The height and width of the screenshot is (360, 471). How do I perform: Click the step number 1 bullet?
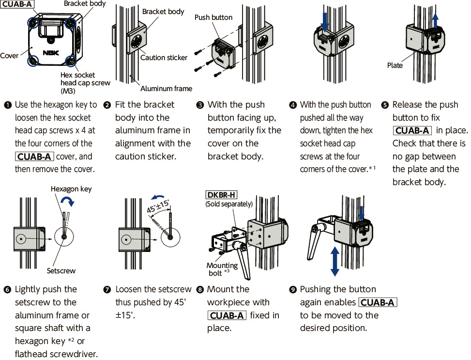[8, 105]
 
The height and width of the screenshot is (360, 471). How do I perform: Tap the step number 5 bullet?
[385, 105]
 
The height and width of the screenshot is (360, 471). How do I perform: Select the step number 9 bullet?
[292, 289]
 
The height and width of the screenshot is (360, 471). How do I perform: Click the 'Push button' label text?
[213, 17]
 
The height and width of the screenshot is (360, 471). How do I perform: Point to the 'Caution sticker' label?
[164, 58]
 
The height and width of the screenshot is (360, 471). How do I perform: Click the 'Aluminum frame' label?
[166, 89]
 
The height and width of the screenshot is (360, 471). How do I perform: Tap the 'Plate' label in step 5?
[395, 65]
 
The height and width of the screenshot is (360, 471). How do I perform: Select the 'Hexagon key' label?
[71, 189]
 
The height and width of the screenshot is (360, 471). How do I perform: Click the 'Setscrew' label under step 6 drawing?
[61, 271]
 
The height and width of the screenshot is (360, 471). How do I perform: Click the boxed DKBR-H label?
[221, 195]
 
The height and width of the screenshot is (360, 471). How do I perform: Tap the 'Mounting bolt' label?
[222, 269]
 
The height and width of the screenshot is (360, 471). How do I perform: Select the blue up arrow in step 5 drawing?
[435, 21]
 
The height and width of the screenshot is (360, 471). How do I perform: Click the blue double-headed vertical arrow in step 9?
[334, 261]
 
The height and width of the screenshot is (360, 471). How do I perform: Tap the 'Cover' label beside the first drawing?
[9, 56]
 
